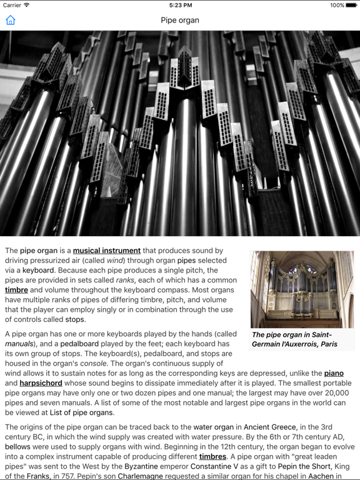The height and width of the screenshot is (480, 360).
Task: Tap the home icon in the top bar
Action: [10, 20]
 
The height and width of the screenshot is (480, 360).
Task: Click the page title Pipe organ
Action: [180, 20]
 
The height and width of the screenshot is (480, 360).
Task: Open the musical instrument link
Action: [107, 251]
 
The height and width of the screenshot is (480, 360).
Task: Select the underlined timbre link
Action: [16, 290]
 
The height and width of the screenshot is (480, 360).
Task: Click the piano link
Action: [334, 373]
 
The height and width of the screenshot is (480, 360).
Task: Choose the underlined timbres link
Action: [212, 457]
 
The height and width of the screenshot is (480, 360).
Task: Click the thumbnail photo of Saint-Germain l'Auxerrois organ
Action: [302, 289]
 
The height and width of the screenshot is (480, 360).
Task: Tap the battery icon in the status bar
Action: [351, 5]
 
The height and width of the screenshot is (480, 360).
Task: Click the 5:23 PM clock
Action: [180, 5]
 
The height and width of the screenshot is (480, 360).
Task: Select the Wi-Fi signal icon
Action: [27, 5]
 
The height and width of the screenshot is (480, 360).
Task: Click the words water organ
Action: [213, 427]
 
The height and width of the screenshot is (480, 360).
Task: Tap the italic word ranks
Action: [125, 280]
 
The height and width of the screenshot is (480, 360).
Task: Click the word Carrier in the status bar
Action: [11, 5]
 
